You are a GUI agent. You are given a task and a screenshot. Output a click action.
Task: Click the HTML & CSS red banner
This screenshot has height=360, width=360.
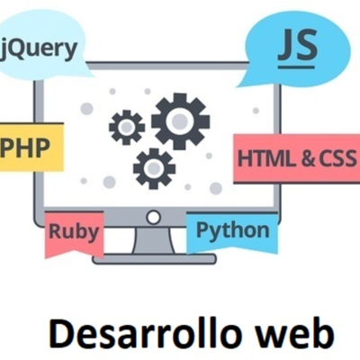coord(295,158)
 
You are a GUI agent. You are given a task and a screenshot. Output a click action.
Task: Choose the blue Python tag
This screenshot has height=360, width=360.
coord(232,230)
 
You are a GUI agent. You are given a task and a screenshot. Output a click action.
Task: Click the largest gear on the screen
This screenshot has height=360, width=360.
coord(180,120)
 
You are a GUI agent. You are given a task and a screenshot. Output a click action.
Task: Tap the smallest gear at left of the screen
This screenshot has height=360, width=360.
coord(127,127)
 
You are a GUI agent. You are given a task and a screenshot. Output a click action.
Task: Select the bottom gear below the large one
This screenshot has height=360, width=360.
coord(154,166)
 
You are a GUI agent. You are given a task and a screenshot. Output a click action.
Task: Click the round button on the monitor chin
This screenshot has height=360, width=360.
coord(154,217)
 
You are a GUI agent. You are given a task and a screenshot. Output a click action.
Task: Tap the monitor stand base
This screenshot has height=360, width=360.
coord(154,258)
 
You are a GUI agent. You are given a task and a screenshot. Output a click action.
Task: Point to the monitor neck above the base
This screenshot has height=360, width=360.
coord(154,241)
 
